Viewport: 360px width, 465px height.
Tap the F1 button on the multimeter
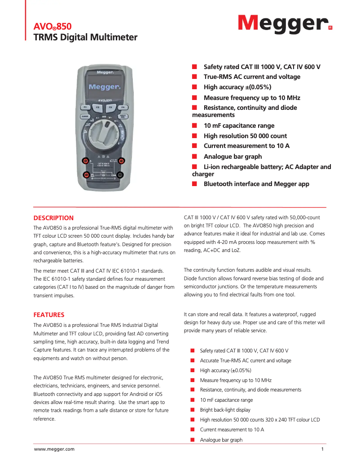[x=85, y=108]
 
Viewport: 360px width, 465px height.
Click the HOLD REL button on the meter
[x=123, y=117]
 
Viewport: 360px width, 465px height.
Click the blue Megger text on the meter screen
[x=103, y=87]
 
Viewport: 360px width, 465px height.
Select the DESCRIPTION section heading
[x=53, y=218]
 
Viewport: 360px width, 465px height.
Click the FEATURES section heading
[x=49, y=315]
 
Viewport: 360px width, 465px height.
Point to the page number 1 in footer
[x=323, y=449]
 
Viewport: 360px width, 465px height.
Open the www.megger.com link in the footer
[x=54, y=449]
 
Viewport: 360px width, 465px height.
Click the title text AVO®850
[x=53, y=27]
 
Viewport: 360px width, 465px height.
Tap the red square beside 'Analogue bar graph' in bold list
[x=195, y=156]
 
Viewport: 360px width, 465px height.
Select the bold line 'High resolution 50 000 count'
[x=245, y=136]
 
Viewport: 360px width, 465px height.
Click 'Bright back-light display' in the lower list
[x=225, y=410]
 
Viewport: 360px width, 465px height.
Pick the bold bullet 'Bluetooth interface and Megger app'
[x=256, y=184]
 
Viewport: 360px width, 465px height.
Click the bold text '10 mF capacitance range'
[x=239, y=126]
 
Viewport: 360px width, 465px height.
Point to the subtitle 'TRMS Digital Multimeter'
[x=85, y=37]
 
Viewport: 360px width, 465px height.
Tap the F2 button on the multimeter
[x=97, y=108]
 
